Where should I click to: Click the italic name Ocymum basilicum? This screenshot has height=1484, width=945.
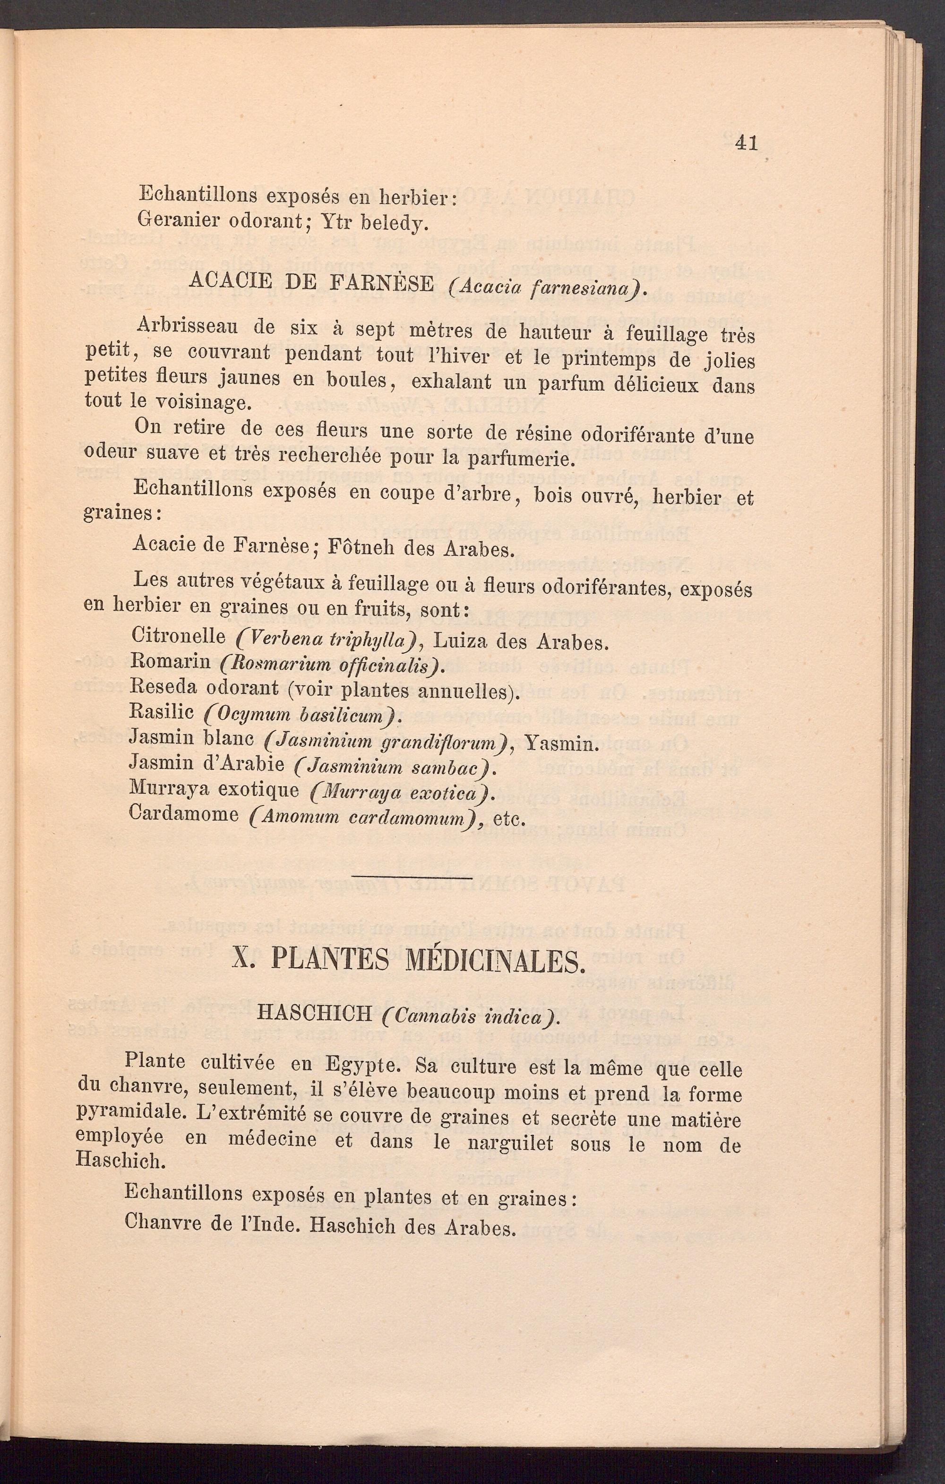pyautogui.click(x=302, y=717)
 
